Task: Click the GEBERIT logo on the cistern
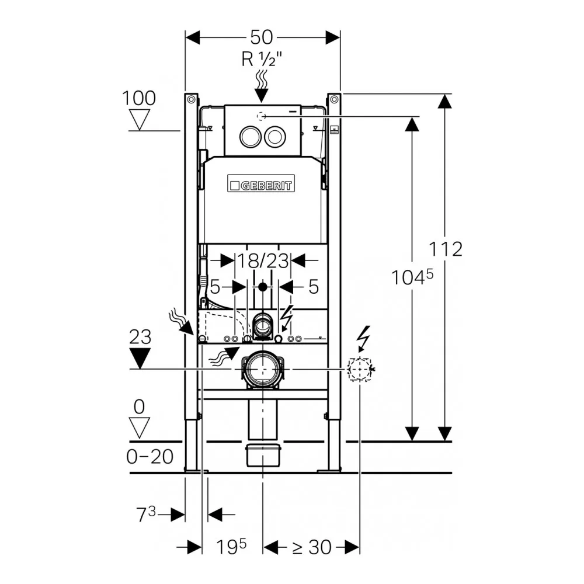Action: (x=260, y=183)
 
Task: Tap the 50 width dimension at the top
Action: (x=261, y=37)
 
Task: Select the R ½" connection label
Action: (x=262, y=59)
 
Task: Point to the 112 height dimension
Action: (x=446, y=249)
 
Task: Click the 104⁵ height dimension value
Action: (x=412, y=277)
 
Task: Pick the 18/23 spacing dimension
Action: (x=263, y=260)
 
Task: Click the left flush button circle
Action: (x=251, y=137)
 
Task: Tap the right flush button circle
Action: (x=275, y=137)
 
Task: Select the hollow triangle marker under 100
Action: (x=140, y=119)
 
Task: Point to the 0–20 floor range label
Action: (x=150, y=457)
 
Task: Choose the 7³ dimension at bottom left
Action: (x=146, y=515)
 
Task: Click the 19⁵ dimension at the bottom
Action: (x=231, y=547)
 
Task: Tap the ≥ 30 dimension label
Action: (x=311, y=547)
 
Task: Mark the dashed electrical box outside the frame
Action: (x=359, y=370)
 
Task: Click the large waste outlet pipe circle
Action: (x=263, y=370)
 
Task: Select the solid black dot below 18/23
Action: (x=263, y=287)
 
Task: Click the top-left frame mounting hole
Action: (x=191, y=99)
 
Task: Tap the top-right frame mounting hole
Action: (x=334, y=99)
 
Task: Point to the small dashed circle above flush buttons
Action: (x=262, y=117)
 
